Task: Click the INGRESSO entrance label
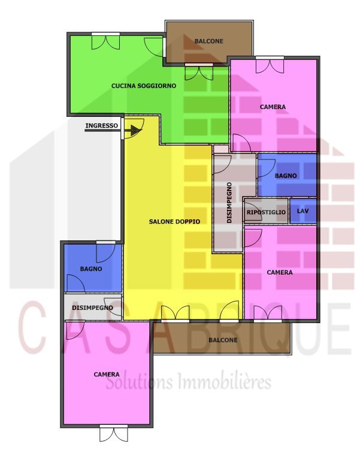click(101, 126)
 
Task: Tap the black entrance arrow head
click(135, 130)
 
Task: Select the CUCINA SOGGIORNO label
click(144, 86)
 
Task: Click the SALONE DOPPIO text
click(174, 222)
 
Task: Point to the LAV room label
click(302, 211)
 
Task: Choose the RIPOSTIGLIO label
click(266, 212)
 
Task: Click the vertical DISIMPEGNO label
click(229, 203)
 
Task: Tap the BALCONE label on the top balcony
click(209, 41)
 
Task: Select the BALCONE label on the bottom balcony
click(223, 340)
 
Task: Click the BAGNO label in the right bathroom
click(286, 176)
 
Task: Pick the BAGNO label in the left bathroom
click(91, 269)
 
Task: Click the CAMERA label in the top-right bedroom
click(273, 107)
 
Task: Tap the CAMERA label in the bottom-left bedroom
click(107, 375)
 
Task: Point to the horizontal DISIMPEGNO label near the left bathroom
click(92, 308)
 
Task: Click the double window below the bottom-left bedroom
click(114, 433)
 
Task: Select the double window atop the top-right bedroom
click(270, 65)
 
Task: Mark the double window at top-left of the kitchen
click(106, 41)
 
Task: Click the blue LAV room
click(303, 211)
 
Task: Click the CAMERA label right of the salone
click(280, 273)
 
